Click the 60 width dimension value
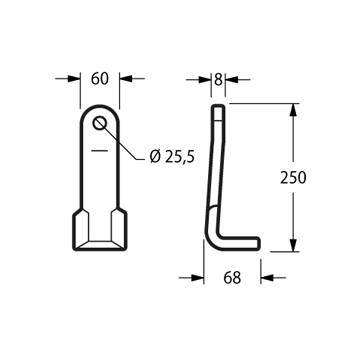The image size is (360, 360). point(100,79)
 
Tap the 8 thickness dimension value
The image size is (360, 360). point(218,79)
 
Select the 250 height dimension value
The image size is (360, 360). point(293,177)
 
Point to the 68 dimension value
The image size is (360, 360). point(232,277)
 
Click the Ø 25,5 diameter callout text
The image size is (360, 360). point(172,157)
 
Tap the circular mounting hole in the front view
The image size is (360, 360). point(100,123)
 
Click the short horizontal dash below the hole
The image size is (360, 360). point(100,151)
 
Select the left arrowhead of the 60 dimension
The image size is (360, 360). point(74,79)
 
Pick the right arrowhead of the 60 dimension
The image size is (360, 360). point(126,79)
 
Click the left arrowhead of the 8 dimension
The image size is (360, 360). point(205,80)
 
